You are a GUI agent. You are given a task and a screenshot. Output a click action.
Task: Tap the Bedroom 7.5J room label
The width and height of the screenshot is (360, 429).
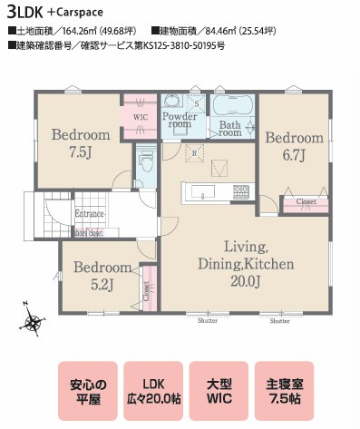coord(81,142)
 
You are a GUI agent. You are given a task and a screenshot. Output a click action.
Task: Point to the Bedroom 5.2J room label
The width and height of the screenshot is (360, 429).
coord(102,276)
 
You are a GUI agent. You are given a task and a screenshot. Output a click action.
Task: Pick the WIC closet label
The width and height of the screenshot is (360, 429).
coord(141,117)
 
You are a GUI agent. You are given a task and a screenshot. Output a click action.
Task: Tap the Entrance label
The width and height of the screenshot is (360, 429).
coord(90,213)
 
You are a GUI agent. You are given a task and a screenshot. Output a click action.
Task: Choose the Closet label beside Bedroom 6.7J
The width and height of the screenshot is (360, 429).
coord(306,202)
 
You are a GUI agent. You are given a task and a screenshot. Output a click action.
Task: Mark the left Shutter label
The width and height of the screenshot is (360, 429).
coord(208,320)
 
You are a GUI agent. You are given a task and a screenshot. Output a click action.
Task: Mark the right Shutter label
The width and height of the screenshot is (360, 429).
coord(279,320)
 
